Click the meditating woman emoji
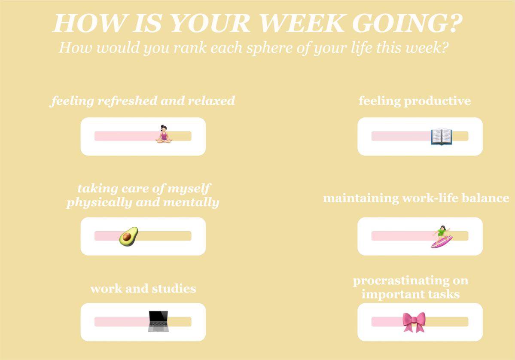tap(164, 134)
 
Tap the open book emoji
tap(442, 137)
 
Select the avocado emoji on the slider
tap(128, 237)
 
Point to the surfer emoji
tap(442, 237)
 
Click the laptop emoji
tap(158, 321)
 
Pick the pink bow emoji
tap(414, 322)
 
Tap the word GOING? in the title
tap(407, 23)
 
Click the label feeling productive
tap(414, 101)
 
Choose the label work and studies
tap(143, 288)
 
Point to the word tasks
tap(443, 294)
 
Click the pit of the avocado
tap(127, 237)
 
